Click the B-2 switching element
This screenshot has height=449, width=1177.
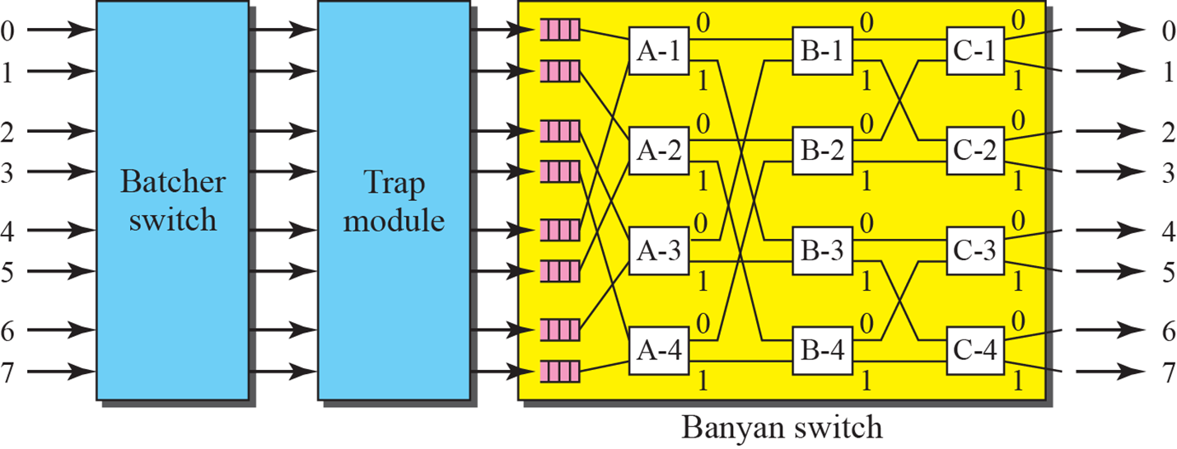coord(822,152)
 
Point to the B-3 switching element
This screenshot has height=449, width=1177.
coord(822,251)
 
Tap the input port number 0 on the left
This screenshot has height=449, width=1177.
coord(7,31)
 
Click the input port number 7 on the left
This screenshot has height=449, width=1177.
coord(7,372)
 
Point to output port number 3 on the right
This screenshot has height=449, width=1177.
coord(1167,172)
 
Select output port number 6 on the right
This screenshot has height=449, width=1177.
coord(1167,330)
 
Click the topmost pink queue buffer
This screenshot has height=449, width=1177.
coord(559,31)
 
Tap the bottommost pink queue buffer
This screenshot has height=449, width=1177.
coord(559,372)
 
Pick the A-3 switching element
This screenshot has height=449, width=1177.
coord(658,251)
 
